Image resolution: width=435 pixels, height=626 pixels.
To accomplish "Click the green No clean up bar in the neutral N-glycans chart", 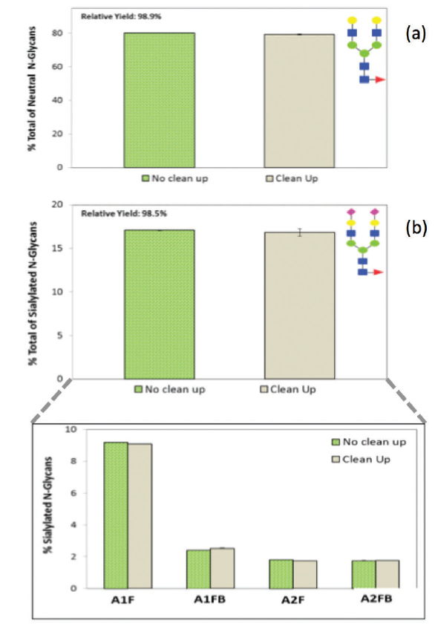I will coord(159,100).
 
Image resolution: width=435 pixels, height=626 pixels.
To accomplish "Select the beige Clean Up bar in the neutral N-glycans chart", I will coord(298,100).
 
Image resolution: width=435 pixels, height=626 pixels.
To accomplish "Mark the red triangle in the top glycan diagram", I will coord(381,79).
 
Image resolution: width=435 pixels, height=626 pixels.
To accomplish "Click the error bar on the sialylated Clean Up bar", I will coord(298,232).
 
